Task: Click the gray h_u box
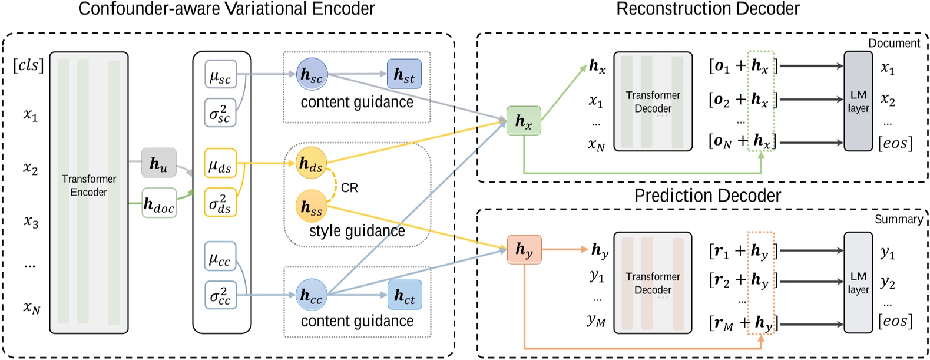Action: point(159,163)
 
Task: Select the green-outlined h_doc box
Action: point(159,203)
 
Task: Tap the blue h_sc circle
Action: point(312,74)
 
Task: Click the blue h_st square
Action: point(404,74)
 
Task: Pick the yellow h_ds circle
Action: point(311,163)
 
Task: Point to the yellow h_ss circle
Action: point(311,206)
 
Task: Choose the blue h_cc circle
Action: point(311,295)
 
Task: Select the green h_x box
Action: point(524,121)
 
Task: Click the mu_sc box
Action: point(220,75)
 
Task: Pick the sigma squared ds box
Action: point(220,202)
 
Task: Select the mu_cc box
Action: point(220,256)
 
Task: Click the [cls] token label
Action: point(28,65)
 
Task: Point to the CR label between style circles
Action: point(349,188)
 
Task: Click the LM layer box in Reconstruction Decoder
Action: point(858,101)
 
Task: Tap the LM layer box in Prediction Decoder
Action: point(858,283)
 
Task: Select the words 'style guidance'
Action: point(357,231)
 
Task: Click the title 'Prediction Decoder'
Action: point(707,196)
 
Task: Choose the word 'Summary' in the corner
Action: point(898,219)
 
